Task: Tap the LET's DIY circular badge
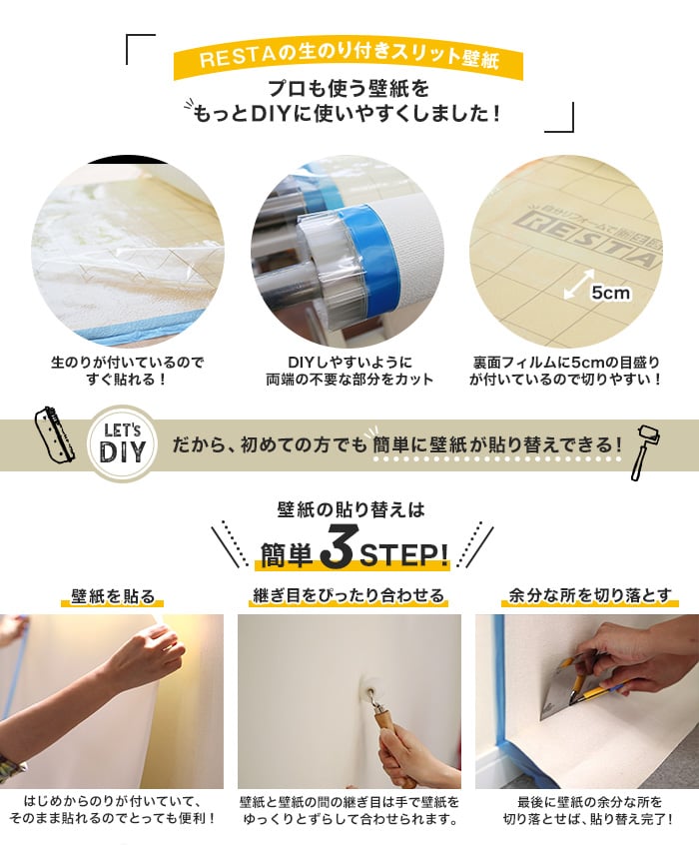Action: pyautogui.click(x=123, y=443)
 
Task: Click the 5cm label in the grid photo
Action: pyautogui.click(x=610, y=293)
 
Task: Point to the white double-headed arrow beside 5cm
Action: pyautogui.click(x=579, y=284)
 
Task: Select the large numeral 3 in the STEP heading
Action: pyautogui.click(x=336, y=551)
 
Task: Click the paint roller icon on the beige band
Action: pyautogui.click(x=646, y=451)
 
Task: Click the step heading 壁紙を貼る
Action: pyautogui.click(x=113, y=596)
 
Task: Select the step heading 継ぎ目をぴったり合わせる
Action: pyautogui.click(x=349, y=596)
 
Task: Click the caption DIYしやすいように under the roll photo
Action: pyautogui.click(x=349, y=363)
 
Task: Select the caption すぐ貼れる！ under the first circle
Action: pyautogui.click(x=127, y=380)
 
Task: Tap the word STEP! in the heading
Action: pyautogui.click(x=403, y=554)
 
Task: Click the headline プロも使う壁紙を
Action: pyautogui.click(x=349, y=88)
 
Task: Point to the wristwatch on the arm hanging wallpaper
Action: pyautogui.click(x=10, y=766)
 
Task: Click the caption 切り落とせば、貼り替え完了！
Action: pyautogui.click(x=588, y=820)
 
